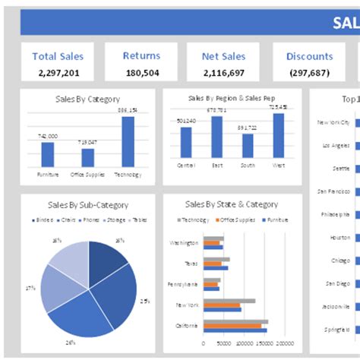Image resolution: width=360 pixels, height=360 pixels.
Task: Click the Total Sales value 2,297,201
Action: tap(58, 73)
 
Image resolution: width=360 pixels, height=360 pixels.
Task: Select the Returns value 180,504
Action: tap(141, 73)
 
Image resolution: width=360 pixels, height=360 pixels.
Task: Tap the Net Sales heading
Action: tap(223, 56)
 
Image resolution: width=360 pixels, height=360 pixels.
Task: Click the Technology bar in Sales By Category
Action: tap(128, 141)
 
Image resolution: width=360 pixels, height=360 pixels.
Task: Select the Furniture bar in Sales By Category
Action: tap(48, 154)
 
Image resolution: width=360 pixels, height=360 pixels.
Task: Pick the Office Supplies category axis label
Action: tap(88, 174)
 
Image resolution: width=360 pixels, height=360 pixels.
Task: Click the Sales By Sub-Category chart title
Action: tap(88, 205)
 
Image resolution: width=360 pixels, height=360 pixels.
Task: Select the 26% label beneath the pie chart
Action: tap(70, 343)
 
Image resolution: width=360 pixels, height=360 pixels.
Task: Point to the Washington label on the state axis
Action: tap(185, 244)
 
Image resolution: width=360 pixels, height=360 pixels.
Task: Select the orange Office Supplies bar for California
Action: tap(232, 326)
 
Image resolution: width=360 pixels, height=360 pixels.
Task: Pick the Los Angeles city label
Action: tap(335, 144)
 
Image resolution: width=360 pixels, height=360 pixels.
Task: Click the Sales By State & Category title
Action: tap(231, 205)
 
